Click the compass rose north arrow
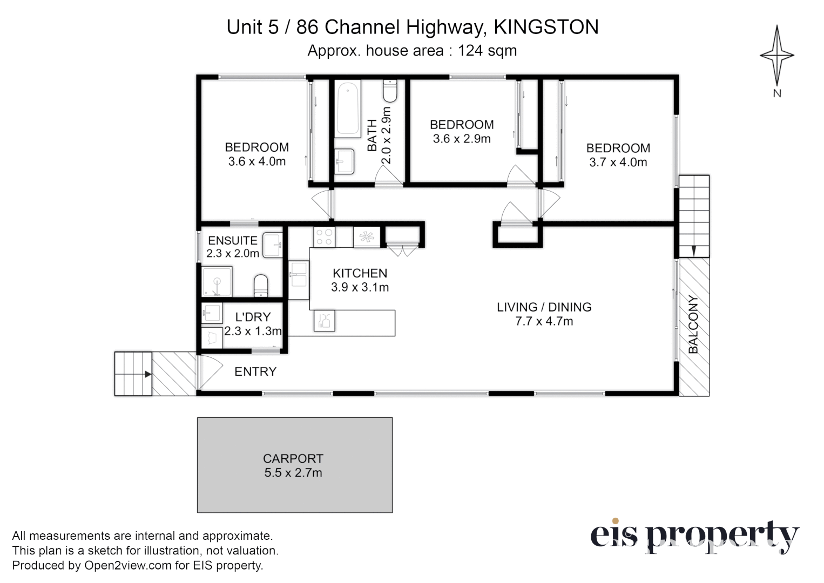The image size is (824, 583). [x=776, y=55]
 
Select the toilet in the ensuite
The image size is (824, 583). [x=261, y=286]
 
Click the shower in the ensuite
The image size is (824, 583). [x=217, y=281]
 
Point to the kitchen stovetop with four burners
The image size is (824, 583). [x=325, y=237]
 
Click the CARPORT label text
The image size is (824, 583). [x=293, y=458]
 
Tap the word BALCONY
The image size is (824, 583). [x=693, y=324]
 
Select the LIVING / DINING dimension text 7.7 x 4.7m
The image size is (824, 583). [x=544, y=321]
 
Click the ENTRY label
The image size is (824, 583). [x=255, y=371]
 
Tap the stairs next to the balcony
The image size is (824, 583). [x=693, y=216]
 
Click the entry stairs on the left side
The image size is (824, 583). [x=133, y=374]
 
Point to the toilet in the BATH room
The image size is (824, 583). [x=390, y=91]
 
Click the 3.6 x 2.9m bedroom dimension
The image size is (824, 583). [x=462, y=139]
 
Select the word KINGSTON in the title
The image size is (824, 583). [x=546, y=26]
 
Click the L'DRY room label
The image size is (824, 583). [x=253, y=317]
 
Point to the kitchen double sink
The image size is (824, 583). [x=298, y=280]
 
